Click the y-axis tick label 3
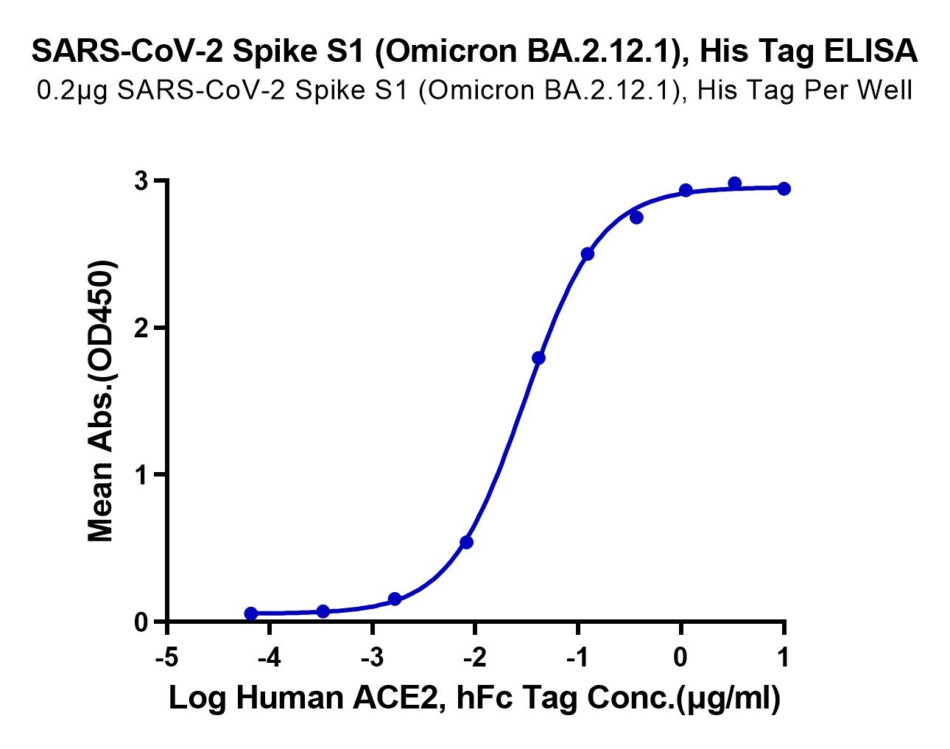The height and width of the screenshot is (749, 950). [x=141, y=181]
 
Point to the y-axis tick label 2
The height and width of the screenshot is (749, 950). [x=141, y=328]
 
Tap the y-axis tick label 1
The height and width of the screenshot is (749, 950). [x=141, y=475]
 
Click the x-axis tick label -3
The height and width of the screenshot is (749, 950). [x=373, y=656]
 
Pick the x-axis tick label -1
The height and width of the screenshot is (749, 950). [x=578, y=656]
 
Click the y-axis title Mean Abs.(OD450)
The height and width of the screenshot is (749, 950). [x=102, y=401]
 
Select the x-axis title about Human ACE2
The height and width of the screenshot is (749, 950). [x=474, y=698]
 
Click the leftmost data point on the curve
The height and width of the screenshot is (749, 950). [x=251, y=613]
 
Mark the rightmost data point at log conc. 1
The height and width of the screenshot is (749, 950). [x=784, y=189]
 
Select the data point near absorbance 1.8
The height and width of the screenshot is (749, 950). [x=538, y=358]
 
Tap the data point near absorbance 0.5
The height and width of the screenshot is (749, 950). [x=466, y=543]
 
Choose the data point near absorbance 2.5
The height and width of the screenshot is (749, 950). [x=588, y=254]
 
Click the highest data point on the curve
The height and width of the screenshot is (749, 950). [x=734, y=183]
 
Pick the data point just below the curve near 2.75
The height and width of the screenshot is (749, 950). [x=636, y=217]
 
